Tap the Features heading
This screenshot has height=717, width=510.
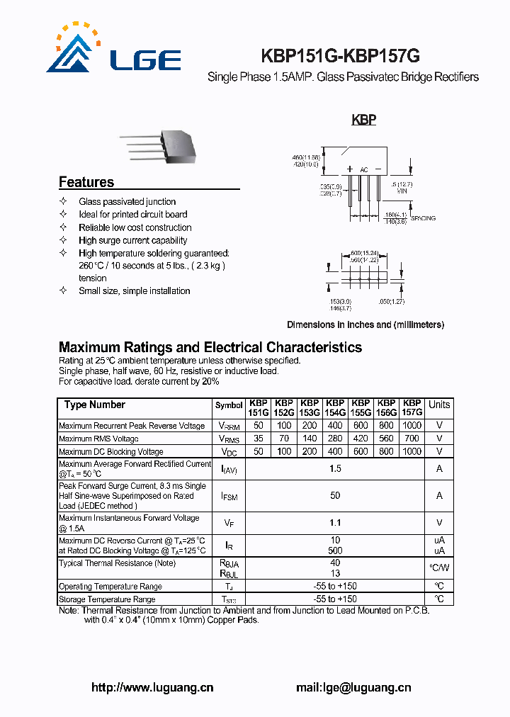(86, 182)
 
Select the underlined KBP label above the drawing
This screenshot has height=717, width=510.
(363, 120)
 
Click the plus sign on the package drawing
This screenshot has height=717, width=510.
(350, 169)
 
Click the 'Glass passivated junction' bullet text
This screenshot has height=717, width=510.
(127, 202)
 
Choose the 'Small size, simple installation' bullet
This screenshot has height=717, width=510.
(135, 290)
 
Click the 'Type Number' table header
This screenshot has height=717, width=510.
(94, 405)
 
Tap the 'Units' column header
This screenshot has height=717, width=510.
(439, 405)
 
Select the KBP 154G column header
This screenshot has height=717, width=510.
(335, 407)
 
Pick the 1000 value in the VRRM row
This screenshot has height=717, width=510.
(412, 426)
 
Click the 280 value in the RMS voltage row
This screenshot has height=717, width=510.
(335, 439)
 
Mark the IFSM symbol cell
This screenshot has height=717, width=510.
(229, 497)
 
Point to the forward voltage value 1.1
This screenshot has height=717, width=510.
(335, 523)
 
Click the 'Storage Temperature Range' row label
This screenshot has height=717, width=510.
(107, 599)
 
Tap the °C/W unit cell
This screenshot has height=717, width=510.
(439, 568)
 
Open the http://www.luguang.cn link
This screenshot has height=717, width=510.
(153, 687)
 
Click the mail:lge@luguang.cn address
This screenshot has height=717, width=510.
(353, 687)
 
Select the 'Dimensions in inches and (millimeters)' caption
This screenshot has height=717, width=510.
(365, 324)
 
